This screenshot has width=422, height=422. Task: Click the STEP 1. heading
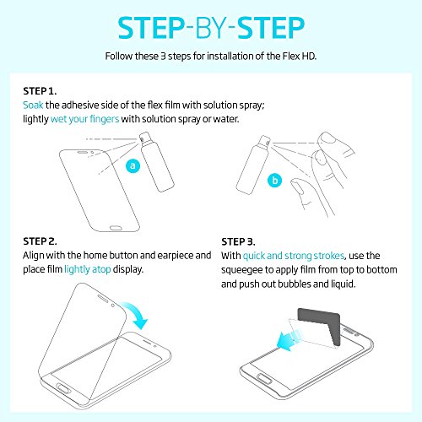coord(40,91)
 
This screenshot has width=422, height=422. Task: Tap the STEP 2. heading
coord(40,241)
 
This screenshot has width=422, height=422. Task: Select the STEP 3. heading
coord(238,241)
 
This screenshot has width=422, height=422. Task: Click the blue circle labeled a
coord(133,165)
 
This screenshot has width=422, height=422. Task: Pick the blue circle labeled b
coord(275,181)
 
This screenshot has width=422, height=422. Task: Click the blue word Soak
coord(33,105)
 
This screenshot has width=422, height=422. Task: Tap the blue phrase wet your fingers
coord(85,119)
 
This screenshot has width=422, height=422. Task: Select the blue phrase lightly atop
coord(88,269)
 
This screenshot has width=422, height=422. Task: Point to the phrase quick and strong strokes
coord(294,256)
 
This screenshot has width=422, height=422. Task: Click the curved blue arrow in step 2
coord(136,314)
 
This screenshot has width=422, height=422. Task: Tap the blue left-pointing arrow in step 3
coord(289,339)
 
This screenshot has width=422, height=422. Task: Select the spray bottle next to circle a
coord(156,161)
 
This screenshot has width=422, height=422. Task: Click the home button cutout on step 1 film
coord(116,228)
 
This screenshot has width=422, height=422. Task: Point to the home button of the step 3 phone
coord(265,380)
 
